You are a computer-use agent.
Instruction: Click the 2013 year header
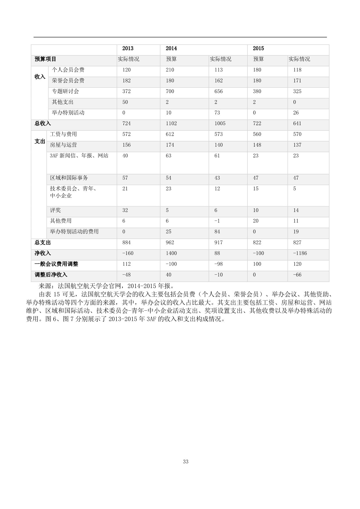(x=128, y=48)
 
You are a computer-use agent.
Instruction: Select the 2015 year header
(x=258, y=48)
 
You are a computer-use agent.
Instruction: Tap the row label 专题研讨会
(x=65, y=91)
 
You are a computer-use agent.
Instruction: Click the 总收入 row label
(x=43, y=124)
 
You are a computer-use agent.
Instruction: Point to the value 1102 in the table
(x=171, y=124)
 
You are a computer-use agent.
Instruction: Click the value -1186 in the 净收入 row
(x=300, y=253)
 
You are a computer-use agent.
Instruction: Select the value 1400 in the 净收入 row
(x=171, y=253)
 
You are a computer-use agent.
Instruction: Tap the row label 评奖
(x=55, y=210)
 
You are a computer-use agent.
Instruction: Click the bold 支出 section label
(x=40, y=141)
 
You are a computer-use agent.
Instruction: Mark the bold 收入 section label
(x=40, y=77)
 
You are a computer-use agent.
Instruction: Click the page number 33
(x=186, y=462)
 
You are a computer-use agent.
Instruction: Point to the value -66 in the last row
(x=297, y=275)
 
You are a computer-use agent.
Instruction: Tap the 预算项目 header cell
(x=45, y=59)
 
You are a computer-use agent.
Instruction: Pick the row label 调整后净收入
(x=51, y=275)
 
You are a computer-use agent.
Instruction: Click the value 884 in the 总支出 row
(x=127, y=242)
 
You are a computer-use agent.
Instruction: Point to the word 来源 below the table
(x=45, y=285)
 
